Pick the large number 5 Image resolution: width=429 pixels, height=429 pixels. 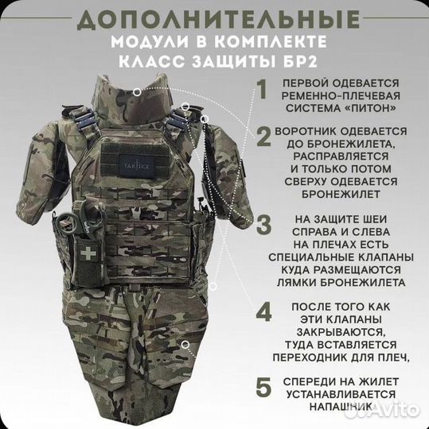click(x=262, y=388)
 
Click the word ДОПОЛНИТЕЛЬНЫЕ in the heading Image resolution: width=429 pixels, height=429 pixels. click(x=215, y=19)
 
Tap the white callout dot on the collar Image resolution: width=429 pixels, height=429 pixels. click(x=138, y=92)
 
